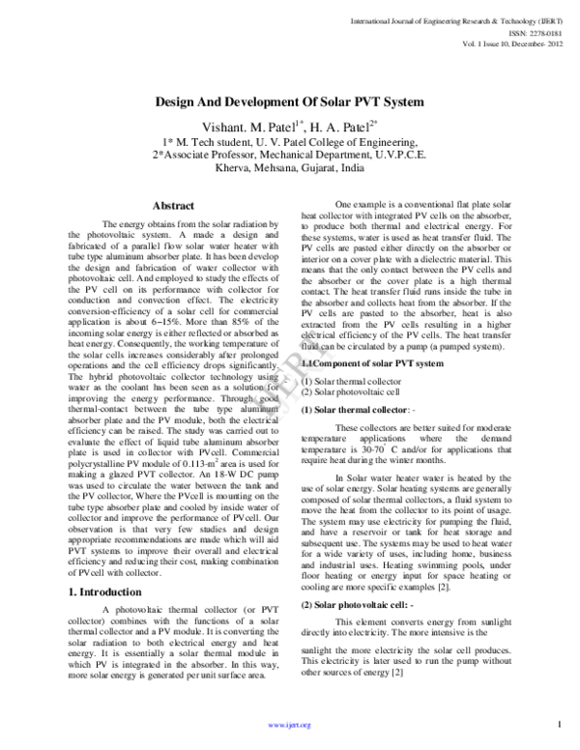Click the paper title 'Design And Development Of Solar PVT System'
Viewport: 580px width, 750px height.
click(x=289, y=101)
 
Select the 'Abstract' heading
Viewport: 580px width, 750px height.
click(x=174, y=206)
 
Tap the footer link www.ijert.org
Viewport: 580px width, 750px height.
click(x=289, y=725)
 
